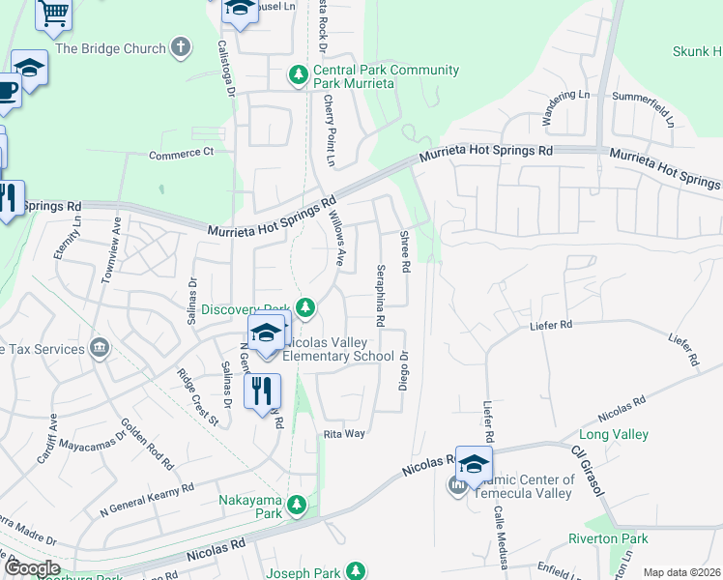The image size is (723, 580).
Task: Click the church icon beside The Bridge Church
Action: coord(180,46)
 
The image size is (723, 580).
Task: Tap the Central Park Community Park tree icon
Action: coord(299,73)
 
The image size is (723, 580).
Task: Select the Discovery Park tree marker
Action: coord(305,307)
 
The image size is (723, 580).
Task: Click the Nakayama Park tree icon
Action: coord(299,503)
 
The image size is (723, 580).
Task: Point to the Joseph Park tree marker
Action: coord(357,571)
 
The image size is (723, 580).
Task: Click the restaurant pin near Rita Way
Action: coord(263,391)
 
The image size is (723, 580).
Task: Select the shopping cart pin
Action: coord(54,12)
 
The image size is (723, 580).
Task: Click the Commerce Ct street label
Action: coord(181,153)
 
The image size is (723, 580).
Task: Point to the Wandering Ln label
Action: coord(564,107)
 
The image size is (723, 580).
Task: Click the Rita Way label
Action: coord(344,434)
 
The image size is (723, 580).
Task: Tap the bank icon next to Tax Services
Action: coord(98,348)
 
